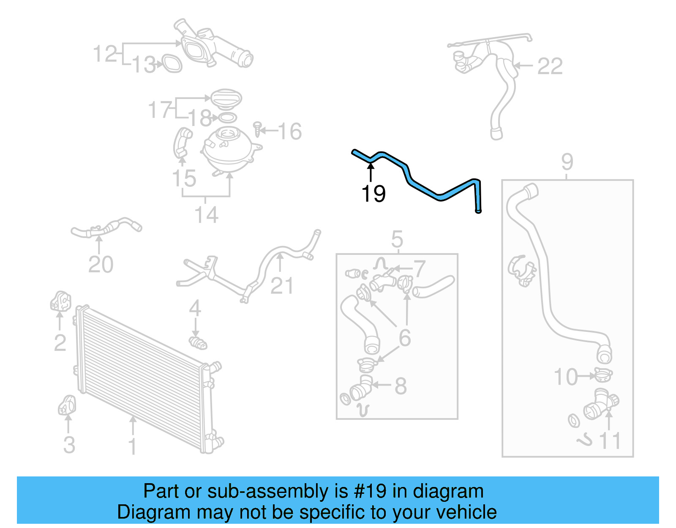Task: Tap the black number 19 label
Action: pyautogui.click(x=373, y=194)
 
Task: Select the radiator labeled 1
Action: pyautogui.click(x=144, y=376)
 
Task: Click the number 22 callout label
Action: pyautogui.click(x=550, y=66)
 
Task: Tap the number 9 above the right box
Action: pyautogui.click(x=567, y=162)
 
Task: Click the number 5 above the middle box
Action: pyautogui.click(x=397, y=240)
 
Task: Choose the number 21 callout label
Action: pyautogui.click(x=282, y=286)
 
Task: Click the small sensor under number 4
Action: pyautogui.click(x=198, y=342)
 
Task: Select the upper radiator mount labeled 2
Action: pyautogui.click(x=60, y=301)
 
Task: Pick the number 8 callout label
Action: pyautogui.click(x=401, y=386)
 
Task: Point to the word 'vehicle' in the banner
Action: pyautogui.click(x=466, y=512)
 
